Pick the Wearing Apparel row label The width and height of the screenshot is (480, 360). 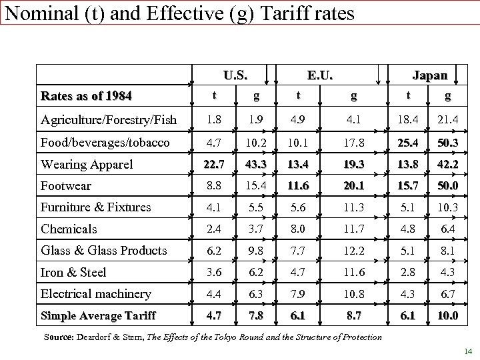pyautogui.click(x=87, y=164)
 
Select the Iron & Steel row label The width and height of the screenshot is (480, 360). pyautogui.click(x=73, y=272)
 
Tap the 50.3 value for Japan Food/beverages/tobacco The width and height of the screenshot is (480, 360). pyautogui.click(x=447, y=142)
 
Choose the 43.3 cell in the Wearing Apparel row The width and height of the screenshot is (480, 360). pyautogui.click(x=255, y=164)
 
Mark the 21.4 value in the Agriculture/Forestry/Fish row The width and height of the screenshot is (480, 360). pyautogui.click(x=447, y=120)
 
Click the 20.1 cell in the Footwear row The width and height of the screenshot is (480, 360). pyautogui.click(x=353, y=185)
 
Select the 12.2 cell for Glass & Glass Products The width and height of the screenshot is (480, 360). pyautogui.click(x=353, y=251)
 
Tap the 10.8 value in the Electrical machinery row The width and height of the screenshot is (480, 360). pyautogui.click(x=353, y=294)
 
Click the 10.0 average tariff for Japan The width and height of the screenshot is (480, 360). pyautogui.click(x=447, y=315)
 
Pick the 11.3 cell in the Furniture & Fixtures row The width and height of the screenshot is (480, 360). pyautogui.click(x=353, y=207)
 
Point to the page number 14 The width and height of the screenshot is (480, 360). pyautogui.click(x=466, y=351)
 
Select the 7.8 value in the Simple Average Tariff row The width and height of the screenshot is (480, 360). pyautogui.click(x=255, y=315)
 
